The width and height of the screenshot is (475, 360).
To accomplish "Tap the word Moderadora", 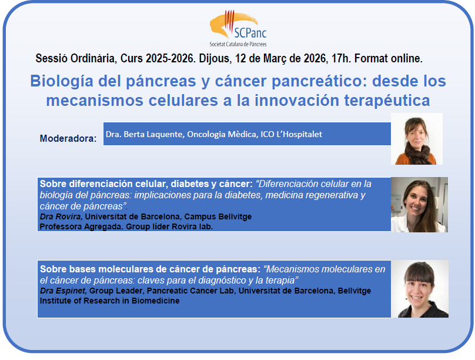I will (x=68, y=139).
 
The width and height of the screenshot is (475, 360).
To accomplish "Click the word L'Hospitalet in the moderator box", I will (x=294, y=134).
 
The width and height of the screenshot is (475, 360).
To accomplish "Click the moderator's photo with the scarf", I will (x=417, y=139).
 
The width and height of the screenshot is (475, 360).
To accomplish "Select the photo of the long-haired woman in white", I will (x=419, y=204).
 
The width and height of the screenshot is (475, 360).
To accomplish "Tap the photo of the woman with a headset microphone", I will (x=419, y=289).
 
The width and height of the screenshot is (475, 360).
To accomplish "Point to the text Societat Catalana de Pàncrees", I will (x=237, y=44).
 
